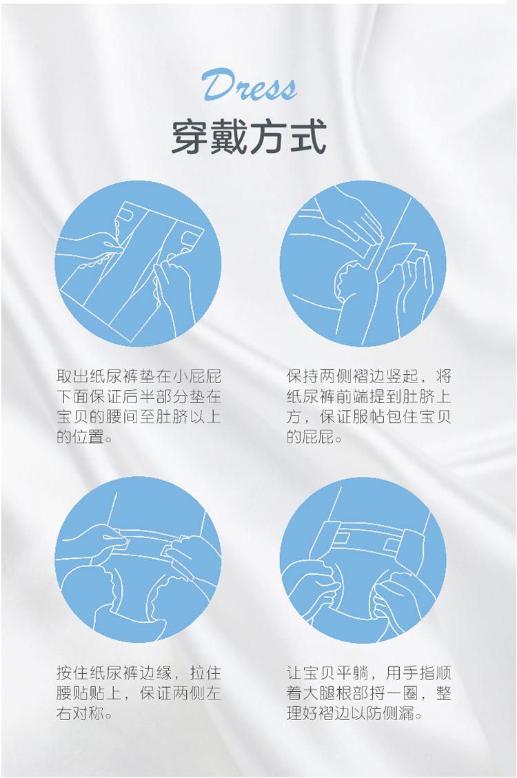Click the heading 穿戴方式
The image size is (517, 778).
coord(249,137)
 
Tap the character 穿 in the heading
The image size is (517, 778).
coord(190,137)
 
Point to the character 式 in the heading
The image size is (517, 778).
coord(308,137)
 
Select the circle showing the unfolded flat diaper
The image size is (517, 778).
coord(138,263)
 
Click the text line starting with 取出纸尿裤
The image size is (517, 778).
coord(139,376)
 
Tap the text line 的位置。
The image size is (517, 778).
coord(84,437)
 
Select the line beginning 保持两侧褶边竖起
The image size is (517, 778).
coord(369,376)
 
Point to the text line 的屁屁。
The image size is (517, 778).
coord(314,437)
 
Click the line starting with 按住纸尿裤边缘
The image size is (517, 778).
coord(139,673)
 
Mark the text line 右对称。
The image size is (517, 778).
coord(84,714)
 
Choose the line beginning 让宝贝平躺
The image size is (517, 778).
coord(369,673)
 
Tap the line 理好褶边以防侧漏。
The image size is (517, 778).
coord(355,714)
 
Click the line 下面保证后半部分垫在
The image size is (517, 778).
coord(139,396)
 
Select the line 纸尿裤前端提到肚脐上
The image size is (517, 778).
coord(369,396)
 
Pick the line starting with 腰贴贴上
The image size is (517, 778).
coord(139,693)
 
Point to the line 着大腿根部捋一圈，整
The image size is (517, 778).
coord(369,693)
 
